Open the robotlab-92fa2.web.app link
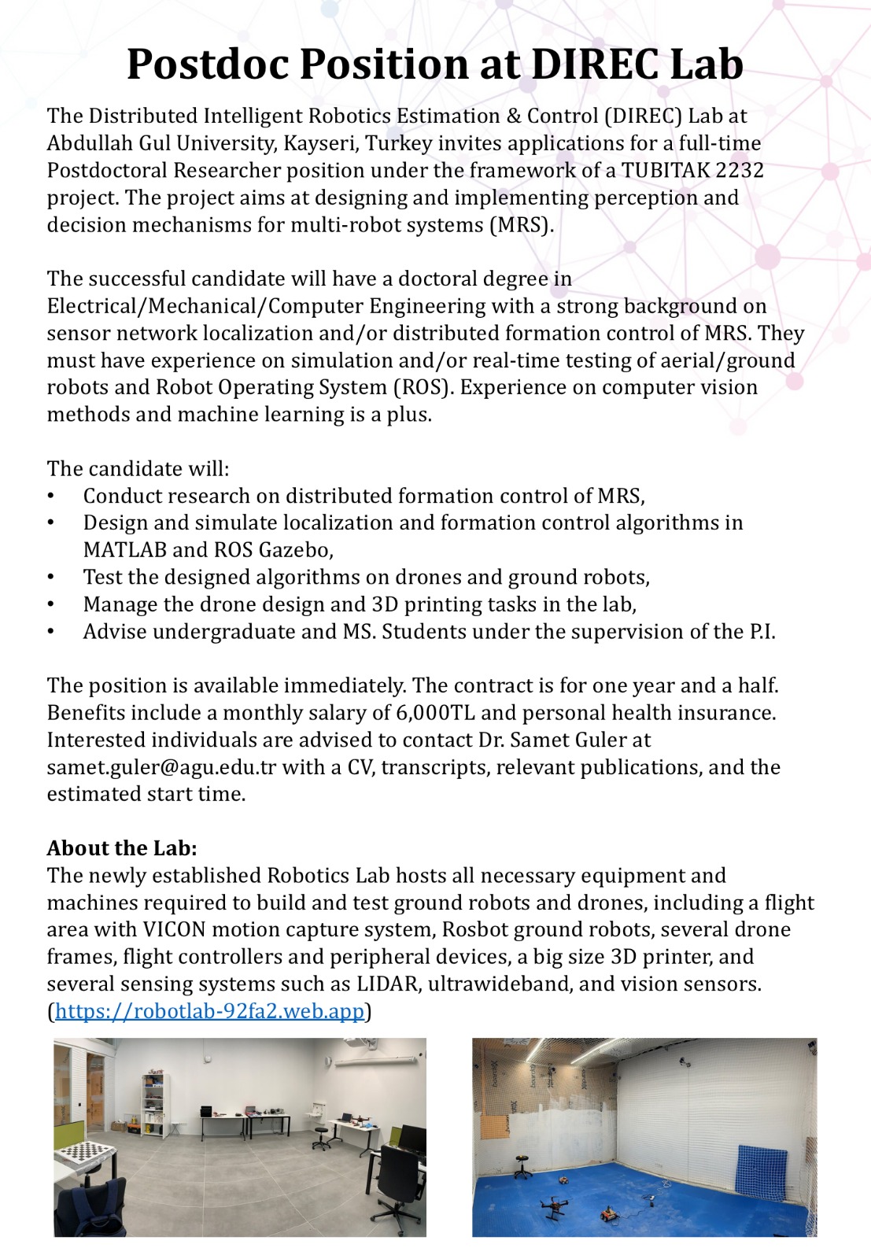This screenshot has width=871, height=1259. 210,1011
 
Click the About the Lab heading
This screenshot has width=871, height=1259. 122,848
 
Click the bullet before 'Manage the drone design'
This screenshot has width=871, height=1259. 51,605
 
